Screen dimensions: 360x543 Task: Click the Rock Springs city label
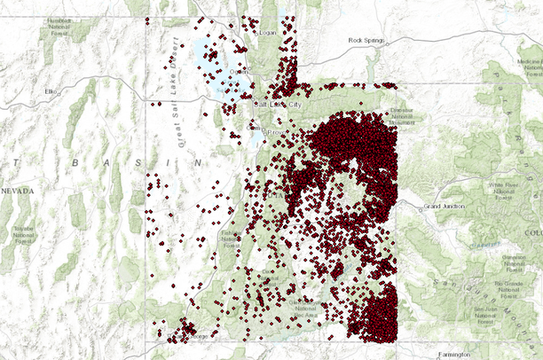[368, 40]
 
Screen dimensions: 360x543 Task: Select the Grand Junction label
[445, 206]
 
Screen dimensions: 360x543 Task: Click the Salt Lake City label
[279, 104]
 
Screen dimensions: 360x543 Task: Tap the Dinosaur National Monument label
[403, 117]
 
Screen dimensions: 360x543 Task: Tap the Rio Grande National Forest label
[515, 289]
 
